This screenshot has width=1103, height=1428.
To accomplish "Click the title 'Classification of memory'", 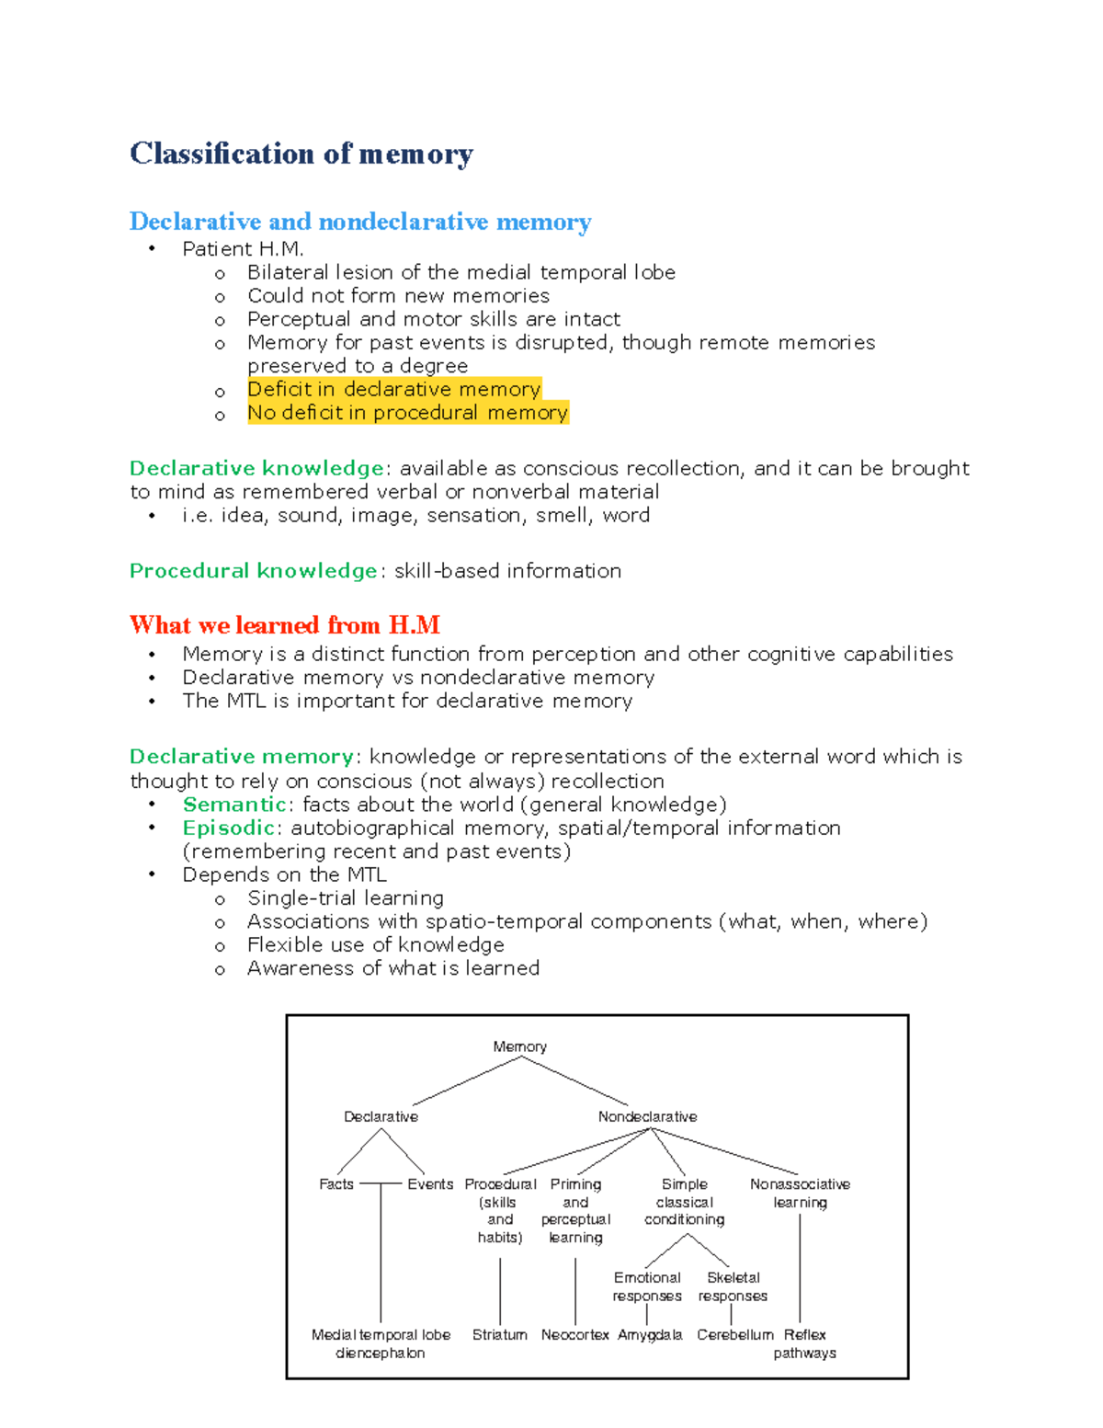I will pyautogui.click(x=301, y=154).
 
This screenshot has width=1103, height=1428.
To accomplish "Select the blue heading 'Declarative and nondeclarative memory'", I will pyautogui.click(x=360, y=222).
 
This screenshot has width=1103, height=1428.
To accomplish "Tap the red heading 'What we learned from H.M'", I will pyautogui.click(x=285, y=625).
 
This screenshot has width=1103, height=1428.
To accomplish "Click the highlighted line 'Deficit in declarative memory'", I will pyautogui.click(x=393, y=389).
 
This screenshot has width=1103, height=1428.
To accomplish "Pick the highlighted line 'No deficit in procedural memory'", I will pyautogui.click(x=407, y=413).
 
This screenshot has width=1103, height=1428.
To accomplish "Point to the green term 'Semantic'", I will pyautogui.click(x=234, y=805).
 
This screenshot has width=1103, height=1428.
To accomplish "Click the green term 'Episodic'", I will pyautogui.click(x=228, y=828).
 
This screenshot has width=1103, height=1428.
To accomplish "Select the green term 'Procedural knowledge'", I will pyautogui.click(x=254, y=571).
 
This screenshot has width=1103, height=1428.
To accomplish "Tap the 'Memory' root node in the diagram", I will pyautogui.click(x=519, y=1046).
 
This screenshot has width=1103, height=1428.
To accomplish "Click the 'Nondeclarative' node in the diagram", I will pyautogui.click(x=647, y=1116).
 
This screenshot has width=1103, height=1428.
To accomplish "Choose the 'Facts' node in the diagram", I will pyautogui.click(x=336, y=1184).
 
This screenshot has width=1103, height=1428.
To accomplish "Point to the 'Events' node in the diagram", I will pyautogui.click(x=430, y=1184).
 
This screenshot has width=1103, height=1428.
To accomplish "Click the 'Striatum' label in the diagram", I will pyautogui.click(x=500, y=1334).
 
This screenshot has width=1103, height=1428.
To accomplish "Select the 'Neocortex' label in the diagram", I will pyautogui.click(x=575, y=1334).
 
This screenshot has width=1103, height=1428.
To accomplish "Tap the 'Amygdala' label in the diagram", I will pyautogui.click(x=650, y=1334).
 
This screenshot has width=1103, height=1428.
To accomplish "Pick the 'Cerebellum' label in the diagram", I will pyautogui.click(x=735, y=1334).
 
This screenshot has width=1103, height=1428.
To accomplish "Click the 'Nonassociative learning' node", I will pyautogui.click(x=800, y=1193).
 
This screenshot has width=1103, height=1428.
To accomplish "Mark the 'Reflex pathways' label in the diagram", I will pyautogui.click(x=805, y=1343).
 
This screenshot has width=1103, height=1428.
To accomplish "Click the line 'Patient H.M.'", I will pyautogui.click(x=243, y=249).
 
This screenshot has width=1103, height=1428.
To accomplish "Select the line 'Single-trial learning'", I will pyautogui.click(x=346, y=898).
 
